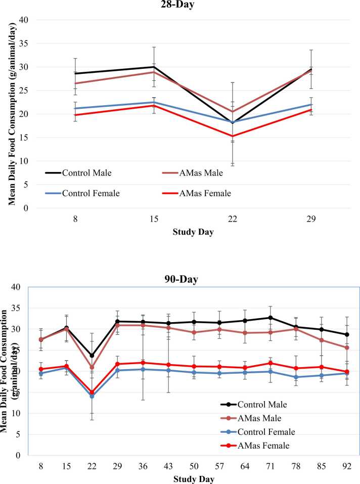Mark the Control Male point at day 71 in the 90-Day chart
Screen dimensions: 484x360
pyautogui.click(x=271, y=318)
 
